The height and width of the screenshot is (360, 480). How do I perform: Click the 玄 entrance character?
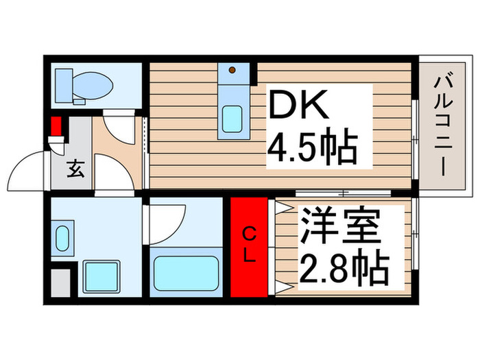(75, 169)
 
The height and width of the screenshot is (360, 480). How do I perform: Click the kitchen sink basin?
(232, 120)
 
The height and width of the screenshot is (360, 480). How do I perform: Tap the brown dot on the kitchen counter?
(232, 69)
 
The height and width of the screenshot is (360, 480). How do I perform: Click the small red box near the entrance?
(56, 127)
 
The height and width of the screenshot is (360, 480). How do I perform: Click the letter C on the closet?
(250, 235)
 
